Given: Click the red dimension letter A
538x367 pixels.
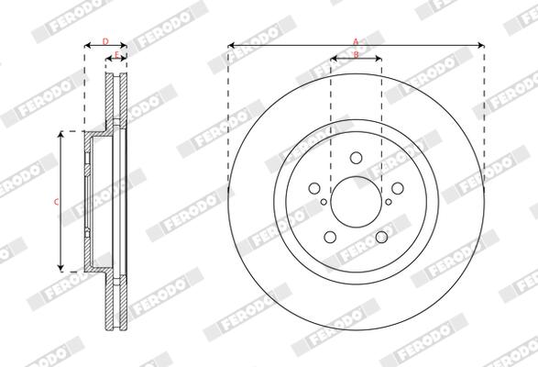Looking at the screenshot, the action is click(356, 41).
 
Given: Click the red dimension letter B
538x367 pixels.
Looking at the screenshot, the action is click(357, 54).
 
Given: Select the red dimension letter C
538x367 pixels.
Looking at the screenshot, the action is click(56, 203).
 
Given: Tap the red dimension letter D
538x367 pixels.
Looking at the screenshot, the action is click(105, 41).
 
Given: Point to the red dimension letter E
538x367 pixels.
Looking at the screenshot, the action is click(116, 54).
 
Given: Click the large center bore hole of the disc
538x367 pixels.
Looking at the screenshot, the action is click(357, 202).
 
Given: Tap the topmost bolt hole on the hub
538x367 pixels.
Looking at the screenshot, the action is click(357, 158).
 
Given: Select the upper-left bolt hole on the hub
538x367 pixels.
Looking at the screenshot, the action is click(314, 188).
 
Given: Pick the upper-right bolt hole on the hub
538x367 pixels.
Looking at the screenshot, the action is click(398, 188).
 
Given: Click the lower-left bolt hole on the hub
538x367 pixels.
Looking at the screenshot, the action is click(330, 237).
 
